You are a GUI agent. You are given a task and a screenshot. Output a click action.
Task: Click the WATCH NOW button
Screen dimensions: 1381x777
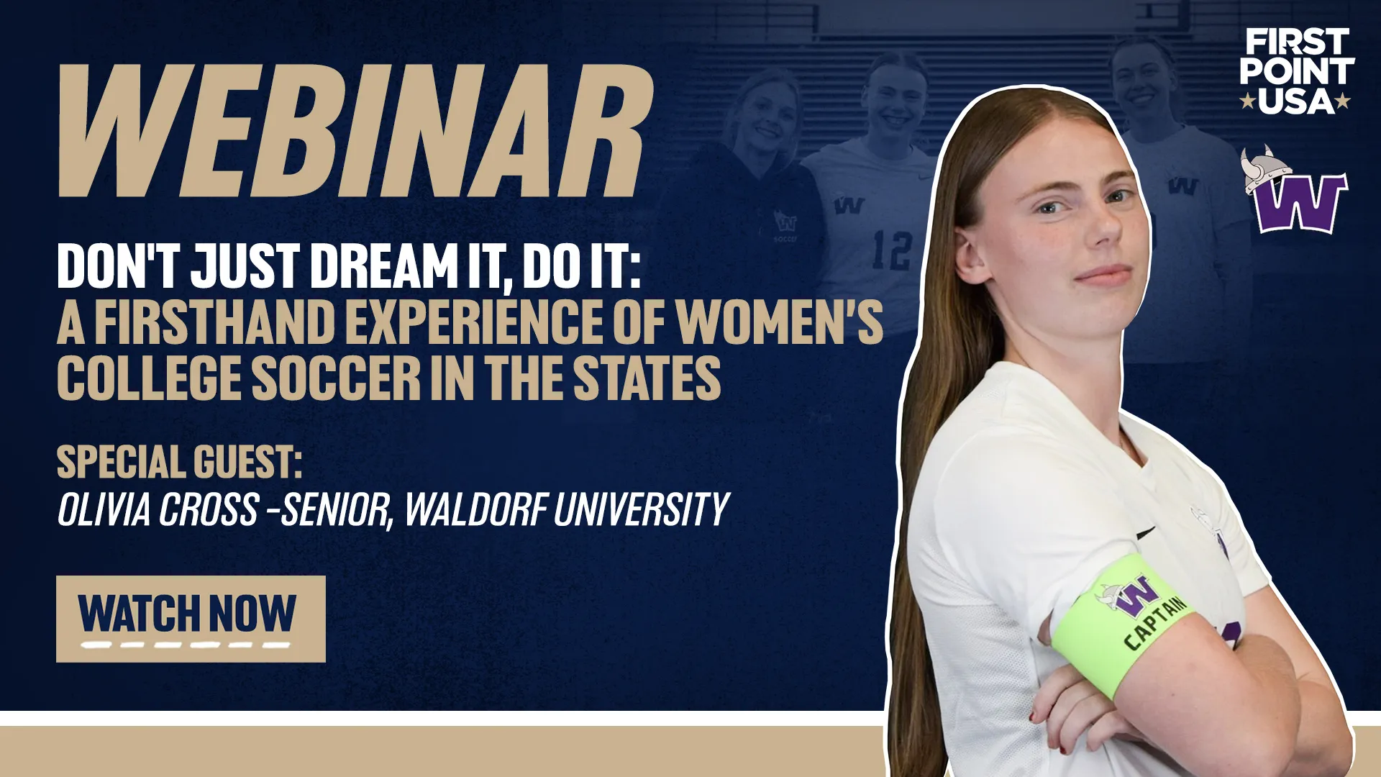(191, 619)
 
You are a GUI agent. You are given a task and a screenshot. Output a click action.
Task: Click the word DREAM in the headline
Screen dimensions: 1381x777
(385, 265)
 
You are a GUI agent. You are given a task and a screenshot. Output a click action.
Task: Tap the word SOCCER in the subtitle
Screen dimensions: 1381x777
(336, 378)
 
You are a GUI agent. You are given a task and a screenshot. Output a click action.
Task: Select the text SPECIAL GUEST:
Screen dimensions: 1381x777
(179, 462)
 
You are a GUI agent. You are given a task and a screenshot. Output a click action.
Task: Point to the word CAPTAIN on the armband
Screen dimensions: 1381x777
(1155, 622)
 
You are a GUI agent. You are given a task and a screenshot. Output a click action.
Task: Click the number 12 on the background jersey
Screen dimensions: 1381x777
(892, 250)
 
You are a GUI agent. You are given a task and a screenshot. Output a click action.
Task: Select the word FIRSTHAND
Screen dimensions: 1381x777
(215, 321)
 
